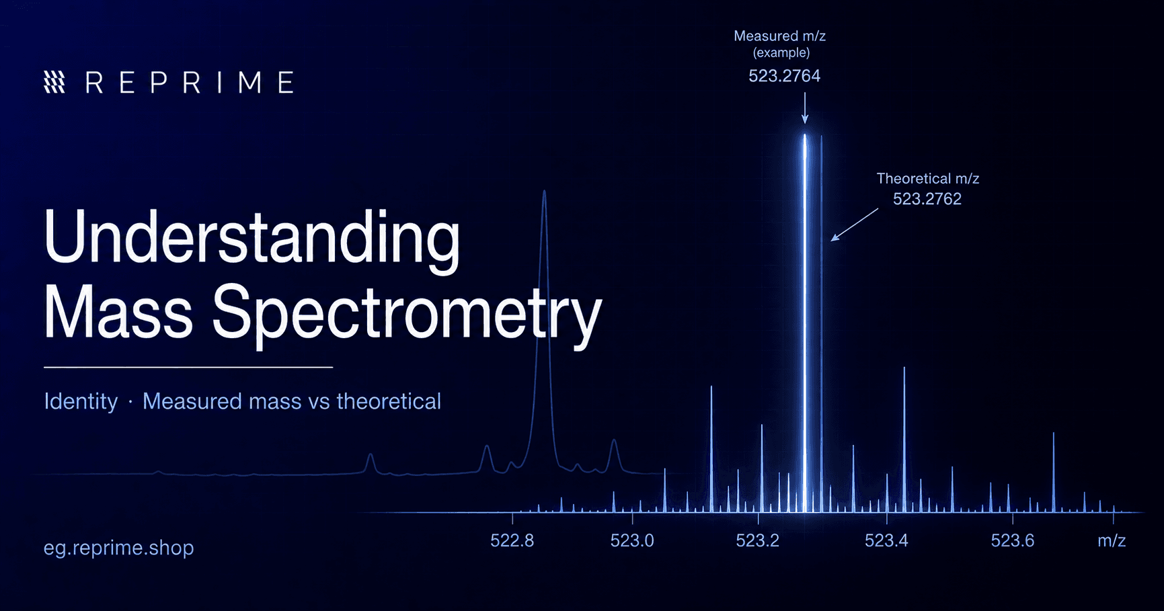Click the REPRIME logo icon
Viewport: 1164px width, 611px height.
[x=54, y=82]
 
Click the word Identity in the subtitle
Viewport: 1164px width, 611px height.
[x=81, y=401]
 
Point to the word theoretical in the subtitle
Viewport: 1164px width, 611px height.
[x=389, y=401]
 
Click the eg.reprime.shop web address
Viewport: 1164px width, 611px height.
[x=119, y=548]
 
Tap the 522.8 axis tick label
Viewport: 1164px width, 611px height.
[x=512, y=541]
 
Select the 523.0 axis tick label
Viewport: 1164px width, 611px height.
[x=632, y=541]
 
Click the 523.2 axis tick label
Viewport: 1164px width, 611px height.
[x=758, y=541]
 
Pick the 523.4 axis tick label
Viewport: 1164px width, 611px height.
[x=886, y=541]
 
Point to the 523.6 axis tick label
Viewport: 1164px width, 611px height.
[x=1013, y=541]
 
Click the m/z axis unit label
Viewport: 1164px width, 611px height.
[x=1112, y=541]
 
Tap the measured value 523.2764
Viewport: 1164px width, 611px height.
[x=785, y=76]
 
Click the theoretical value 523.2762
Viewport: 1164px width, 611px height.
[x=927, y=199]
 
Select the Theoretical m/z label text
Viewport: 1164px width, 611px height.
[x=928, y=179]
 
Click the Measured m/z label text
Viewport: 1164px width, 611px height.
[x=780, y=36]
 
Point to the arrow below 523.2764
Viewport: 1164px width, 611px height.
[x=805, y=108]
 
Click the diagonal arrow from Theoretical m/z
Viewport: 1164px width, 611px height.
[x=855, y=225]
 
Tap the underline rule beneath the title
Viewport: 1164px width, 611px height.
[x=188, y=367]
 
